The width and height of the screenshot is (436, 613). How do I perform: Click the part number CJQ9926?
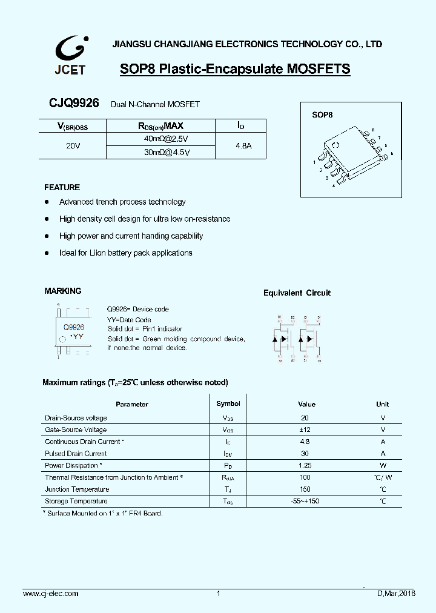(x=74, y=104)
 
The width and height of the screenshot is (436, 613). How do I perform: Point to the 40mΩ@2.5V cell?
(x=160, y=139)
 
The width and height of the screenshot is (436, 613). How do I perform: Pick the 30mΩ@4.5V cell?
(x=160, y=153)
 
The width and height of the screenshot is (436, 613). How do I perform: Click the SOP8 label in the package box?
(x=322, y=114)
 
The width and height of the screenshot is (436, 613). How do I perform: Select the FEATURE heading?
(x=62, y=187)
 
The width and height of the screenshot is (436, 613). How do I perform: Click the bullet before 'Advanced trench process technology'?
(x=47, y=202)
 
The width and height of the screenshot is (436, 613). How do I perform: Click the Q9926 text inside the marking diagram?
(x=74, y=326)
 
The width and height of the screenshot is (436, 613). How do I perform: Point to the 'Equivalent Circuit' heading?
(x=297, y=293)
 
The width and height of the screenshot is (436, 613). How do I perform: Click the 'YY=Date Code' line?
(x=129, y=320)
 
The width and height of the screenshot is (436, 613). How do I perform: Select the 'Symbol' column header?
(x=228, y=403)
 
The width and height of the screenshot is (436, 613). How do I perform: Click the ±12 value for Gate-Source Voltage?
(x=305, y=429)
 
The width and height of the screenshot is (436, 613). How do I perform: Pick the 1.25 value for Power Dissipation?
(x=305, y=465)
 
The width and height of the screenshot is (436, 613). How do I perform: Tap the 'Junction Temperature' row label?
(x=77, y=489)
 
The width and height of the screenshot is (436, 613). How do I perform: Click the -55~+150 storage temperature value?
(x=305, y=502)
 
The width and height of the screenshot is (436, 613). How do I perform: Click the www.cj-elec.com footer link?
(x=50, y=594)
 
